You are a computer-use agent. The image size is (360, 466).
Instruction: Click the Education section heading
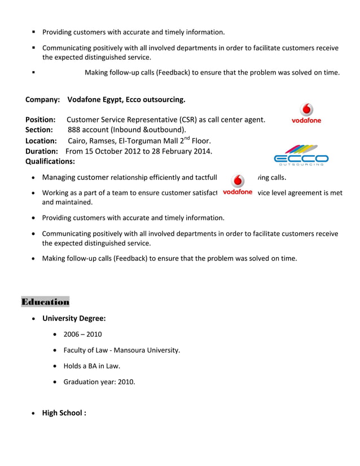coord(45,302)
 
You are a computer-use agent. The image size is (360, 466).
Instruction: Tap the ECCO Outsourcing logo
coord(301,155)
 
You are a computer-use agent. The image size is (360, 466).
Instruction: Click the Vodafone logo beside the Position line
coord(306,113)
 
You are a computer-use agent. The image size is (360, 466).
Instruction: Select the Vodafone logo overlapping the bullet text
coord(238,184)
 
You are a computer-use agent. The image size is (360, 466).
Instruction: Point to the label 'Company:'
coord(42,100)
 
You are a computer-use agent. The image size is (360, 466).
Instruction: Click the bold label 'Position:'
coord(40,120)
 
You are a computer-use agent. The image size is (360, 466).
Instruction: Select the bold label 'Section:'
coord(39,130)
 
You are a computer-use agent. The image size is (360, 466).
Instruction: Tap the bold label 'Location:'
coord(41,140)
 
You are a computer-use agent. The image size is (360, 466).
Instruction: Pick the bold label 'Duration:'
coord(41,151)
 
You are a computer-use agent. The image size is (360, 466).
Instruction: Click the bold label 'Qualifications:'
coord(50,161)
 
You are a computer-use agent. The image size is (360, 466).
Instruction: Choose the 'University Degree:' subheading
coord(74,318)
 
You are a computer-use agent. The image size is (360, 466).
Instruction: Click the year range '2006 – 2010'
coord(82,335)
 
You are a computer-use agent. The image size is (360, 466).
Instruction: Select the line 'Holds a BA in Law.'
coord(91,366)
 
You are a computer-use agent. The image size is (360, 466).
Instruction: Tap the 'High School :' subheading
coord(64,412)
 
